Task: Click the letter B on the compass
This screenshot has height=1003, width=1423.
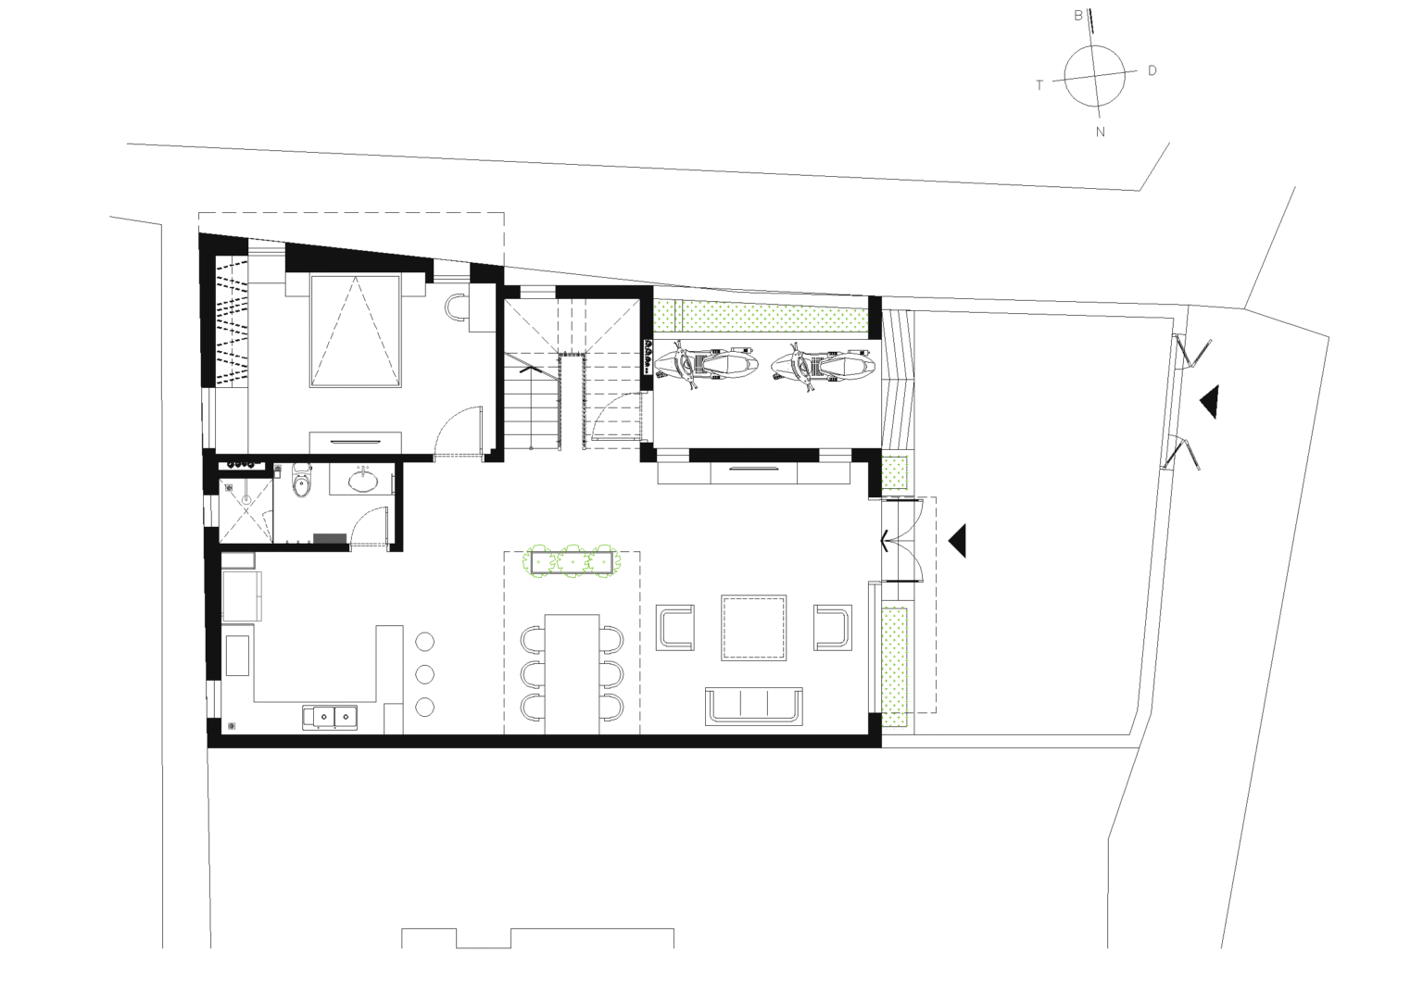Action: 1078,16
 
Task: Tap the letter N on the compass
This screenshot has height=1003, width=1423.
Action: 1101,132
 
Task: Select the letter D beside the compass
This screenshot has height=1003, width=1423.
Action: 1152,70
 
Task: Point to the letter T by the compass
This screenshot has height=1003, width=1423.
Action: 1039,85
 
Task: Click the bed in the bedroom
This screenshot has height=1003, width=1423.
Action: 357,332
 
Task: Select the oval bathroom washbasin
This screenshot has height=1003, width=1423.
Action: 362,481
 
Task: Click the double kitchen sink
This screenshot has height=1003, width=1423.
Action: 329,716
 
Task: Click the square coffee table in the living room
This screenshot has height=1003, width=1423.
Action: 755,627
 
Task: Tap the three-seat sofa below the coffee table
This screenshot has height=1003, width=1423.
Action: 755,706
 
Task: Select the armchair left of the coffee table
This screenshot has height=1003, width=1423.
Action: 675,627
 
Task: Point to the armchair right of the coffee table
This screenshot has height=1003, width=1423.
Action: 833,627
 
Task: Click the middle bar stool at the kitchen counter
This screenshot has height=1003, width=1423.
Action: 425,673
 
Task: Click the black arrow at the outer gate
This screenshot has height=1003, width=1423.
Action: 1208,402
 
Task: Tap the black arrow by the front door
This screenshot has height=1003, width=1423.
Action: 958,540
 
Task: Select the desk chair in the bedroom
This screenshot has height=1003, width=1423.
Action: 457,307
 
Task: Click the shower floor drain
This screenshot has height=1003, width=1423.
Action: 246,500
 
